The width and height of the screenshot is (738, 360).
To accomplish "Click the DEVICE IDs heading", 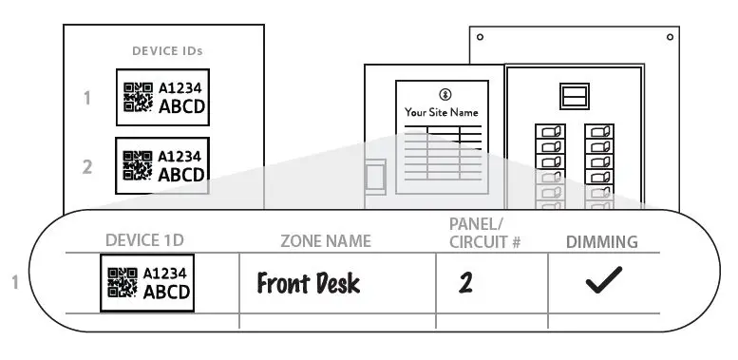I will pyautogui.click(x=166, y=50).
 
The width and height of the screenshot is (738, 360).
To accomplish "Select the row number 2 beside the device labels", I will pyautogui.click(x=86, y=166).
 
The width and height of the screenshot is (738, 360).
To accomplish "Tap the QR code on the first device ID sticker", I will pyautogui.click(x=139, y=97).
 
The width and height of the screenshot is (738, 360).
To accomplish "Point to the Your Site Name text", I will pyautogui.click(x=442, y=112).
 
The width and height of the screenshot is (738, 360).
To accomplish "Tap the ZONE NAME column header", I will pyautogui.click(x=326, y=241).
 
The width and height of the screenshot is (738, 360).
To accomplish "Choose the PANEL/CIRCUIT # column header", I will pyautogui.click(x=483, y=233).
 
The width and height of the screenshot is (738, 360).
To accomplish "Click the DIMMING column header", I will pyautogui.click(x=602, y=241).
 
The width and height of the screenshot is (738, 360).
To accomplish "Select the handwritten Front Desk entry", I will pyautogui.click(x=308, y=283).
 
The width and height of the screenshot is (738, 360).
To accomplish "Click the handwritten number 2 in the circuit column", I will pyautogui.click(x=465, y=283).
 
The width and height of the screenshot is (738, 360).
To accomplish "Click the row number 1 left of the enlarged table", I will pyautogui.click(x=16, y=282).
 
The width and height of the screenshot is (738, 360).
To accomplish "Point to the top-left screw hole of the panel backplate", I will pyautogui.click(x=481, y=38).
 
